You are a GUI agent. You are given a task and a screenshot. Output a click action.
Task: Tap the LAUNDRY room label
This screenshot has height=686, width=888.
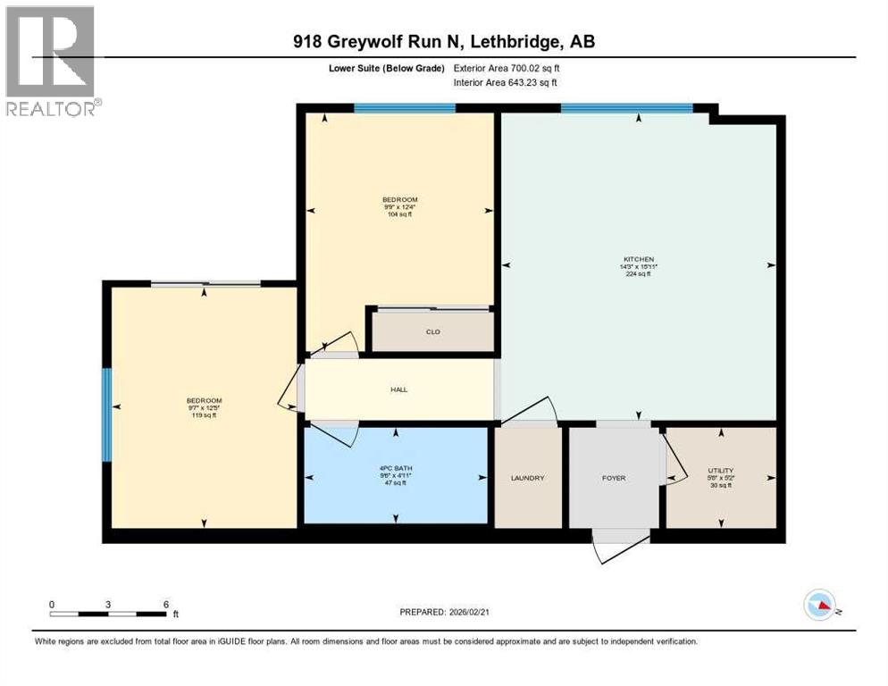(x=527, y=478)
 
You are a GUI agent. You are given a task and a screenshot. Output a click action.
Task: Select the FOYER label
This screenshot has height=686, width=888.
(x=613, y=478)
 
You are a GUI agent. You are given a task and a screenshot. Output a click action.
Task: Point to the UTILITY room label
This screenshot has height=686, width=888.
(x=720, y=470)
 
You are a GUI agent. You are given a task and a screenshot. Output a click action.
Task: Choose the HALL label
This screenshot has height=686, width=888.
(x=398, y=389)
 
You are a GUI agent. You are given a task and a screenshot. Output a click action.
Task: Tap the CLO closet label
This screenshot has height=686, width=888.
(x=432, y=332)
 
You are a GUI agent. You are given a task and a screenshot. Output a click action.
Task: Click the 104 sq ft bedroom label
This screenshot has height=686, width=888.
(x=400, y=199)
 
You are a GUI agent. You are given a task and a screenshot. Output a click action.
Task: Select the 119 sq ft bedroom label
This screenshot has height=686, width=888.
(x=204, y=400)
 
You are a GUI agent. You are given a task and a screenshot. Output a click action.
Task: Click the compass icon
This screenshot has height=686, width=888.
(x=818, y=605)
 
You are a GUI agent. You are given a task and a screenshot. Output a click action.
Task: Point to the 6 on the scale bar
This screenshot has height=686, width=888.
(x=165, y=604)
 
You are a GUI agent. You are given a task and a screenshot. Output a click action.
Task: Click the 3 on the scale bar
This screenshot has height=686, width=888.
(x=108, y=604)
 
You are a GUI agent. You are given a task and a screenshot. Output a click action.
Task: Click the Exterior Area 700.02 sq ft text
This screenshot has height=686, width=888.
(x=510, y=68)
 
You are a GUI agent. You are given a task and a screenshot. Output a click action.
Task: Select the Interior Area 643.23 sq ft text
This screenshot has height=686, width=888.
(x=505, y=82)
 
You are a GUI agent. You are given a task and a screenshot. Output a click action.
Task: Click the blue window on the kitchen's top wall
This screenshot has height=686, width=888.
(x=626, y=108)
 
